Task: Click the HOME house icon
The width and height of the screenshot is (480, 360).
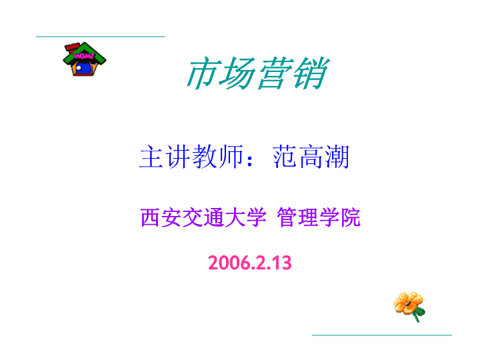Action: point(85,59)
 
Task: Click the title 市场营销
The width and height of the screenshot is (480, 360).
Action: point(258,73)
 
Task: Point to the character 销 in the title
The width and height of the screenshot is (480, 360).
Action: point(311,73)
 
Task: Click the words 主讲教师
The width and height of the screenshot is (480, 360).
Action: point(191,157)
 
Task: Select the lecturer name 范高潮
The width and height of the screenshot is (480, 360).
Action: point(311,157)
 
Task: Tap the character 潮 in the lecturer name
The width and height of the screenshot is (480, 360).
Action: point(337,157)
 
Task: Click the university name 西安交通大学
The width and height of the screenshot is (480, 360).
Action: point(203,217)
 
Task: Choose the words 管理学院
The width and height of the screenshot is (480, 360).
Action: point(319,217)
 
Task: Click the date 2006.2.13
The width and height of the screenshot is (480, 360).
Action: point(250,263)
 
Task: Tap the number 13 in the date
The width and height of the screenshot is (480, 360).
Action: point(283,263)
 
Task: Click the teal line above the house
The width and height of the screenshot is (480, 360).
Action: point(101,37)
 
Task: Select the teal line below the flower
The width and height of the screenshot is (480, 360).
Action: point(382,335)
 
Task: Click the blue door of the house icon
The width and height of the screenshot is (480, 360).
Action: point(84,68)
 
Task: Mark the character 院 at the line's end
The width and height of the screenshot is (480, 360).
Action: point(351,217)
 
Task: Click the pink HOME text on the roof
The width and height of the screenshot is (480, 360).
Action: point(84,56)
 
